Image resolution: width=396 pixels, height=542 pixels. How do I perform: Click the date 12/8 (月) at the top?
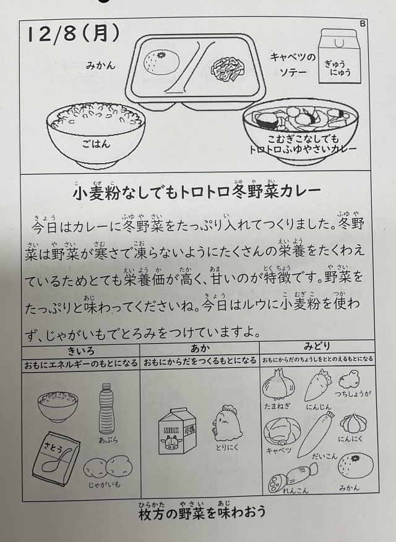point(74,35)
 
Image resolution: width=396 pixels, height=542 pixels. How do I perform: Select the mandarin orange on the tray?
point(161,62)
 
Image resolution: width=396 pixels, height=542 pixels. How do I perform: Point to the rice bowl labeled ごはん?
point(96,134)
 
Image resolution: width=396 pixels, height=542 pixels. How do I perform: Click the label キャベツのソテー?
point(293,64)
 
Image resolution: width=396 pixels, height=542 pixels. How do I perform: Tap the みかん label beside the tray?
point(100,66)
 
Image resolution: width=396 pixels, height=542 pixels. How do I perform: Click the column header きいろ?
point(80,351)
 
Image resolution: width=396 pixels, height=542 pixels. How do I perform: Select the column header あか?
point(200,349)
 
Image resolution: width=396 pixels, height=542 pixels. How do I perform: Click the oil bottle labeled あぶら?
point(106,409)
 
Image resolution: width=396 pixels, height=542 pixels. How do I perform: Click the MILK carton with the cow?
point(177,431)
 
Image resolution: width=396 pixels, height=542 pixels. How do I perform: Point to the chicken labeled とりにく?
point(226,423)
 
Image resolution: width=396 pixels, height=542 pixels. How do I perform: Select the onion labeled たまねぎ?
point(278,384)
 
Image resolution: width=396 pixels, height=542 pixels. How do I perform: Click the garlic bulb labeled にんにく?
point(353,423)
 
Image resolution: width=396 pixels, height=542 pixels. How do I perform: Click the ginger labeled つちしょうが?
point(349,379)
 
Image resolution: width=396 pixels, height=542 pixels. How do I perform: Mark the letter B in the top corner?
point(363,23)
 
